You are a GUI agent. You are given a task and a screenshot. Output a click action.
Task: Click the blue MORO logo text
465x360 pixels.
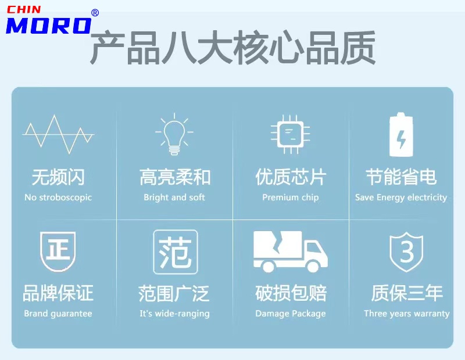tap(49, 26)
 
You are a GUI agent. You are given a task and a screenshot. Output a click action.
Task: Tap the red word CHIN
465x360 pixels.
tap(24, 10)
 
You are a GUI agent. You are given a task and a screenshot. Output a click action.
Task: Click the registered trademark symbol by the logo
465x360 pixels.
tap(95, 13)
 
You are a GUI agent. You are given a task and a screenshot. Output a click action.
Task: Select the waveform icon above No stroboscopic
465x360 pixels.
tap(59, 134)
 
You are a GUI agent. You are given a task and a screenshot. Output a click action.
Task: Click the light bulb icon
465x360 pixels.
tap(174, 134)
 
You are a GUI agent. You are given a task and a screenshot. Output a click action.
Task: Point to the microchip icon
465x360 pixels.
tap(290, 134)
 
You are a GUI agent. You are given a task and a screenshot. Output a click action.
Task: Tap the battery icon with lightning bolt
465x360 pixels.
tap(401, 134)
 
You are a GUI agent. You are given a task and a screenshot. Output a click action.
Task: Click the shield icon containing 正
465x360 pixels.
tap(58, 251)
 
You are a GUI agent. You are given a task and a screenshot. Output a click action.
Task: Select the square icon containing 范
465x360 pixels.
tap(176, 252)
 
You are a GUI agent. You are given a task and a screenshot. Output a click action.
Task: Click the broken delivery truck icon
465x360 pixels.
tap(291, 251)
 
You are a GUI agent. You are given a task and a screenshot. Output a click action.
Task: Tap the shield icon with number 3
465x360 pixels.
tap(406, 252)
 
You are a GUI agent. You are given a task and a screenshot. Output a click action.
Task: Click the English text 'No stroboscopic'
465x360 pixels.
tap(58, 197)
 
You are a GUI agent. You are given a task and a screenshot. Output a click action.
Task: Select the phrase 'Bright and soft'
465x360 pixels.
tap(174, 197)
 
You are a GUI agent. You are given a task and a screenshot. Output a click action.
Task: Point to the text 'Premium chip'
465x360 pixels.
tap(291, 197)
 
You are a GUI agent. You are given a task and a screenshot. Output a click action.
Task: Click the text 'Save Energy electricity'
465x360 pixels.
tap(401, 197)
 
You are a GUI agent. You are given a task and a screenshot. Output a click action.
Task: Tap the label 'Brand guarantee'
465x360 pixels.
tap(58, 314)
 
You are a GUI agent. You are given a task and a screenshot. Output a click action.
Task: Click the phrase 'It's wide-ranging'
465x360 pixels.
tap(175, 314)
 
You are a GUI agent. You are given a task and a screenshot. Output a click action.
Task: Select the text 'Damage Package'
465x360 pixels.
tap(291, 314)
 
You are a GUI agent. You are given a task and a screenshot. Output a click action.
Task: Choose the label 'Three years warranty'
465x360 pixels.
tap(406, 314)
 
